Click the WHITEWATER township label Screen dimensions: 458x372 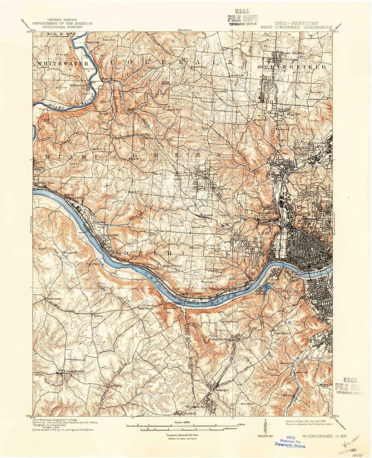(x=63, y=64)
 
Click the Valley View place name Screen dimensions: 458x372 (x=93, y=42)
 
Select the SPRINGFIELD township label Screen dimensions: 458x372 (x=291, y=66)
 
